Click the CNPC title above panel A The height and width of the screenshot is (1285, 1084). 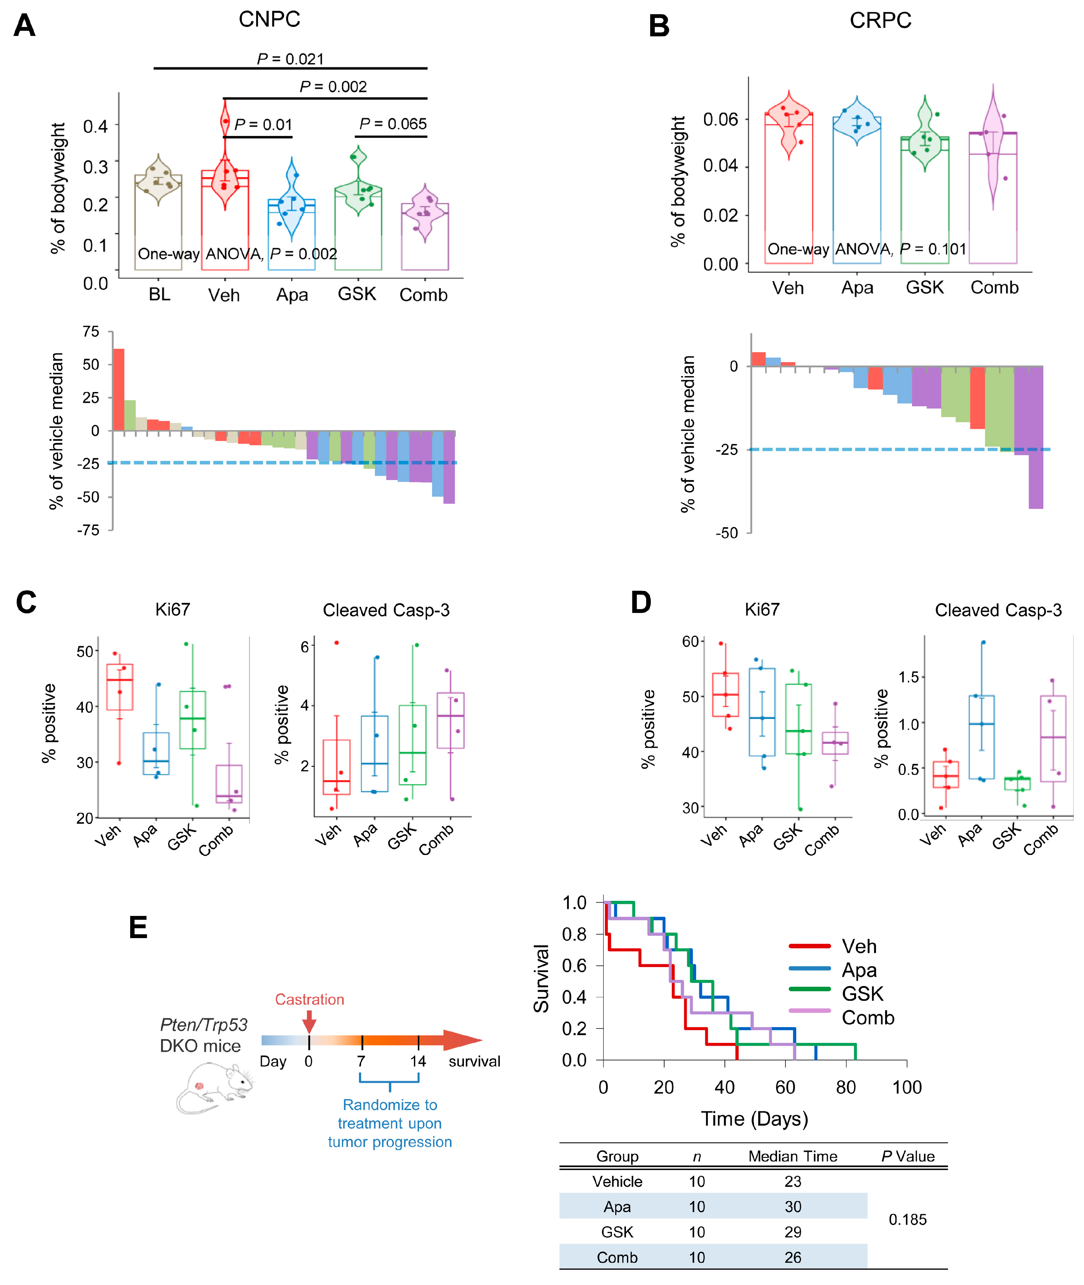269,19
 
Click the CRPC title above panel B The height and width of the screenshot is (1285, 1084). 880,20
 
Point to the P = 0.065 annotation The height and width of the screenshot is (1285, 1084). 393,124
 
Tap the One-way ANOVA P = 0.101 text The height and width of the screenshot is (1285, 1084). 866,249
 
